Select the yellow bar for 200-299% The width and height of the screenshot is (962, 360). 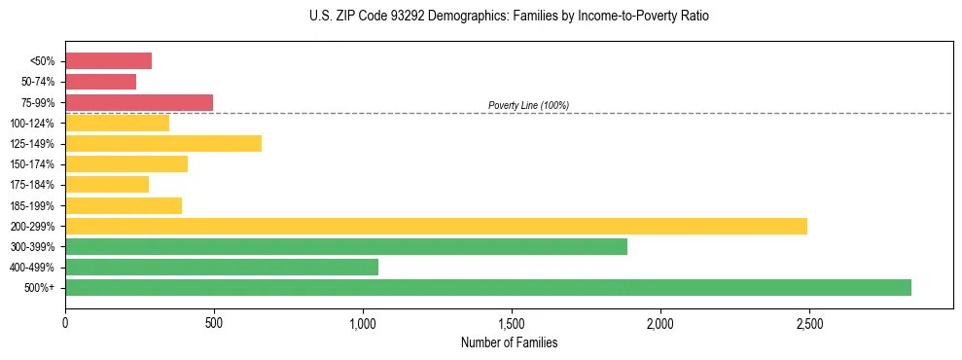coord(436,226)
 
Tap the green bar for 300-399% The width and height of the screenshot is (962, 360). coord(346,246)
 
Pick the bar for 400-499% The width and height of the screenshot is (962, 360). coord(222,267)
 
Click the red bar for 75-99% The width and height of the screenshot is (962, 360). coord(139,102)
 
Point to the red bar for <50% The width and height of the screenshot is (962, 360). coord(108,61)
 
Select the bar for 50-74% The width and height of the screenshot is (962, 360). coord(100,82)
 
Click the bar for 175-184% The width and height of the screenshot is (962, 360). coord(107,184)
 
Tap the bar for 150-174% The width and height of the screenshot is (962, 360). coord(126,163)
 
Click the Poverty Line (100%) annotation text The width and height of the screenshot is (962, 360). coord(528,105)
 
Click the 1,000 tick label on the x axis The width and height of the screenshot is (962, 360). coord(363,322)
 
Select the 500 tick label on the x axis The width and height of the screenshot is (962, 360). coord(214,322)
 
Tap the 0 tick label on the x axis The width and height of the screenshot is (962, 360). coord(65,322)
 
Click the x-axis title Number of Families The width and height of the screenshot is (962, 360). coord(509,342)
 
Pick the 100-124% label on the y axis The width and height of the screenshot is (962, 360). coord(32,124)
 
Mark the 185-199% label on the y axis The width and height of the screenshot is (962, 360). coord(32,205)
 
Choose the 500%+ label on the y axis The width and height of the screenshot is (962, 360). coord(39,288)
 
